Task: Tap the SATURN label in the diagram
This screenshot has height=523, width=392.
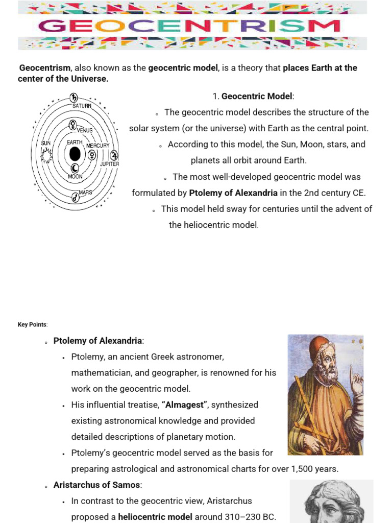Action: (x=81, y=106)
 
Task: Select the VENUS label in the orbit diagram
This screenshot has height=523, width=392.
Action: (x=84, y=130)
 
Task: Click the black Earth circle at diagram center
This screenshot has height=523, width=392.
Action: (x=75, y=154)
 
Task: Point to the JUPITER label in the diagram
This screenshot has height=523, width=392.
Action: (x=109, y=164)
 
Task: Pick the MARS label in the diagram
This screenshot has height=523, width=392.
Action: (x=85, y=193)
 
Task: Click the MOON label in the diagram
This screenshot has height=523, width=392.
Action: (x=75, y=176)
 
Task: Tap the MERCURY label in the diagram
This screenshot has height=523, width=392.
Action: (x=97, y=146)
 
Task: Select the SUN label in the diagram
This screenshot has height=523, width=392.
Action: (x=46, y=143)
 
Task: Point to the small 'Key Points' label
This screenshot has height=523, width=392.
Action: (x=32, y=324)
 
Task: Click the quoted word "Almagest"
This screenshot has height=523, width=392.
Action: (x=184, y=405)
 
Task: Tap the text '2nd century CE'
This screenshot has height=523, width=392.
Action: (x=335, y=193)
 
